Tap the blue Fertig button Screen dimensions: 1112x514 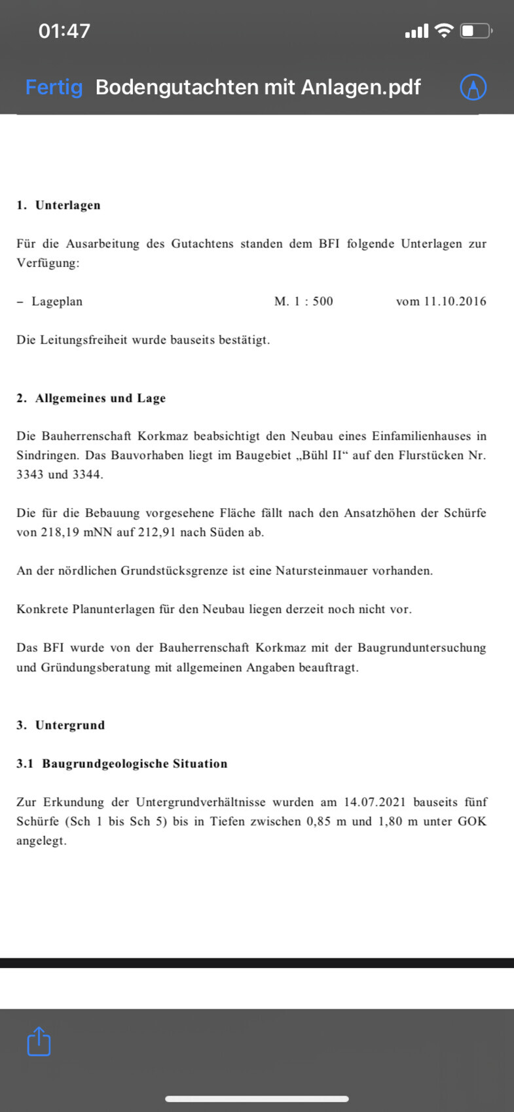point(54,87)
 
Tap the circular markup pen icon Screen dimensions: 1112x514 point(473,87)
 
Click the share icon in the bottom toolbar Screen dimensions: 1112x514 point(39,1041)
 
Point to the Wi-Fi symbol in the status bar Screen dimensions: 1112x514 point(445,30)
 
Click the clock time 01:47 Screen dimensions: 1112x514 point(64,31)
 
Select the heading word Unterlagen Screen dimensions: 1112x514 point(67,205)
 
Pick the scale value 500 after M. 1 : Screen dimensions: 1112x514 point(323,302)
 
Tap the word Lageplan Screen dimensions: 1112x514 point(57,302)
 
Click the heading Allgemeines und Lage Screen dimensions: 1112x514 point(100,398)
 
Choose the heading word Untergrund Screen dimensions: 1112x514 point(70,725)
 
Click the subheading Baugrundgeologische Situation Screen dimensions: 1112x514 point(135,764)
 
